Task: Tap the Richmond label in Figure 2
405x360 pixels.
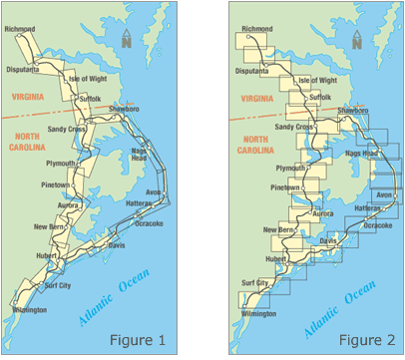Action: click(255, 30)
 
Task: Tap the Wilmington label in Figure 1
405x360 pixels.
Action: click(28, 310)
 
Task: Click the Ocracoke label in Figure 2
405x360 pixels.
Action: click(378, 226)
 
